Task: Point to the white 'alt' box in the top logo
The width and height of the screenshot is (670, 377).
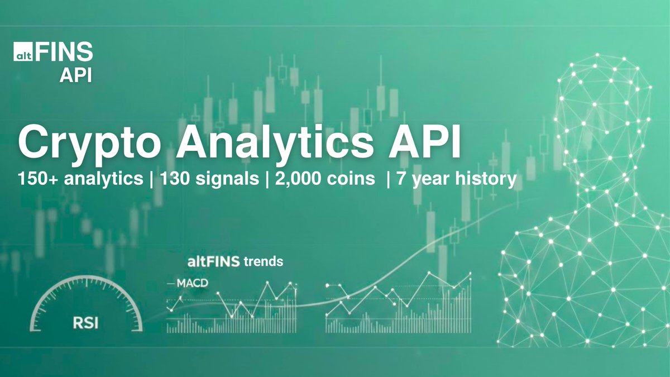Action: [23, 54]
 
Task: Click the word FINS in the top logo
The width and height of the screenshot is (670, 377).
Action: [64, 54]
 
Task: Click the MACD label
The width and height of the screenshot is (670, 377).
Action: [192, 283]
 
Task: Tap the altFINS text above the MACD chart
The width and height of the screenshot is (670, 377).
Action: [214, 261]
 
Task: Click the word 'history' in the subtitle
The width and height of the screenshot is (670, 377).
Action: [485, 180]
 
